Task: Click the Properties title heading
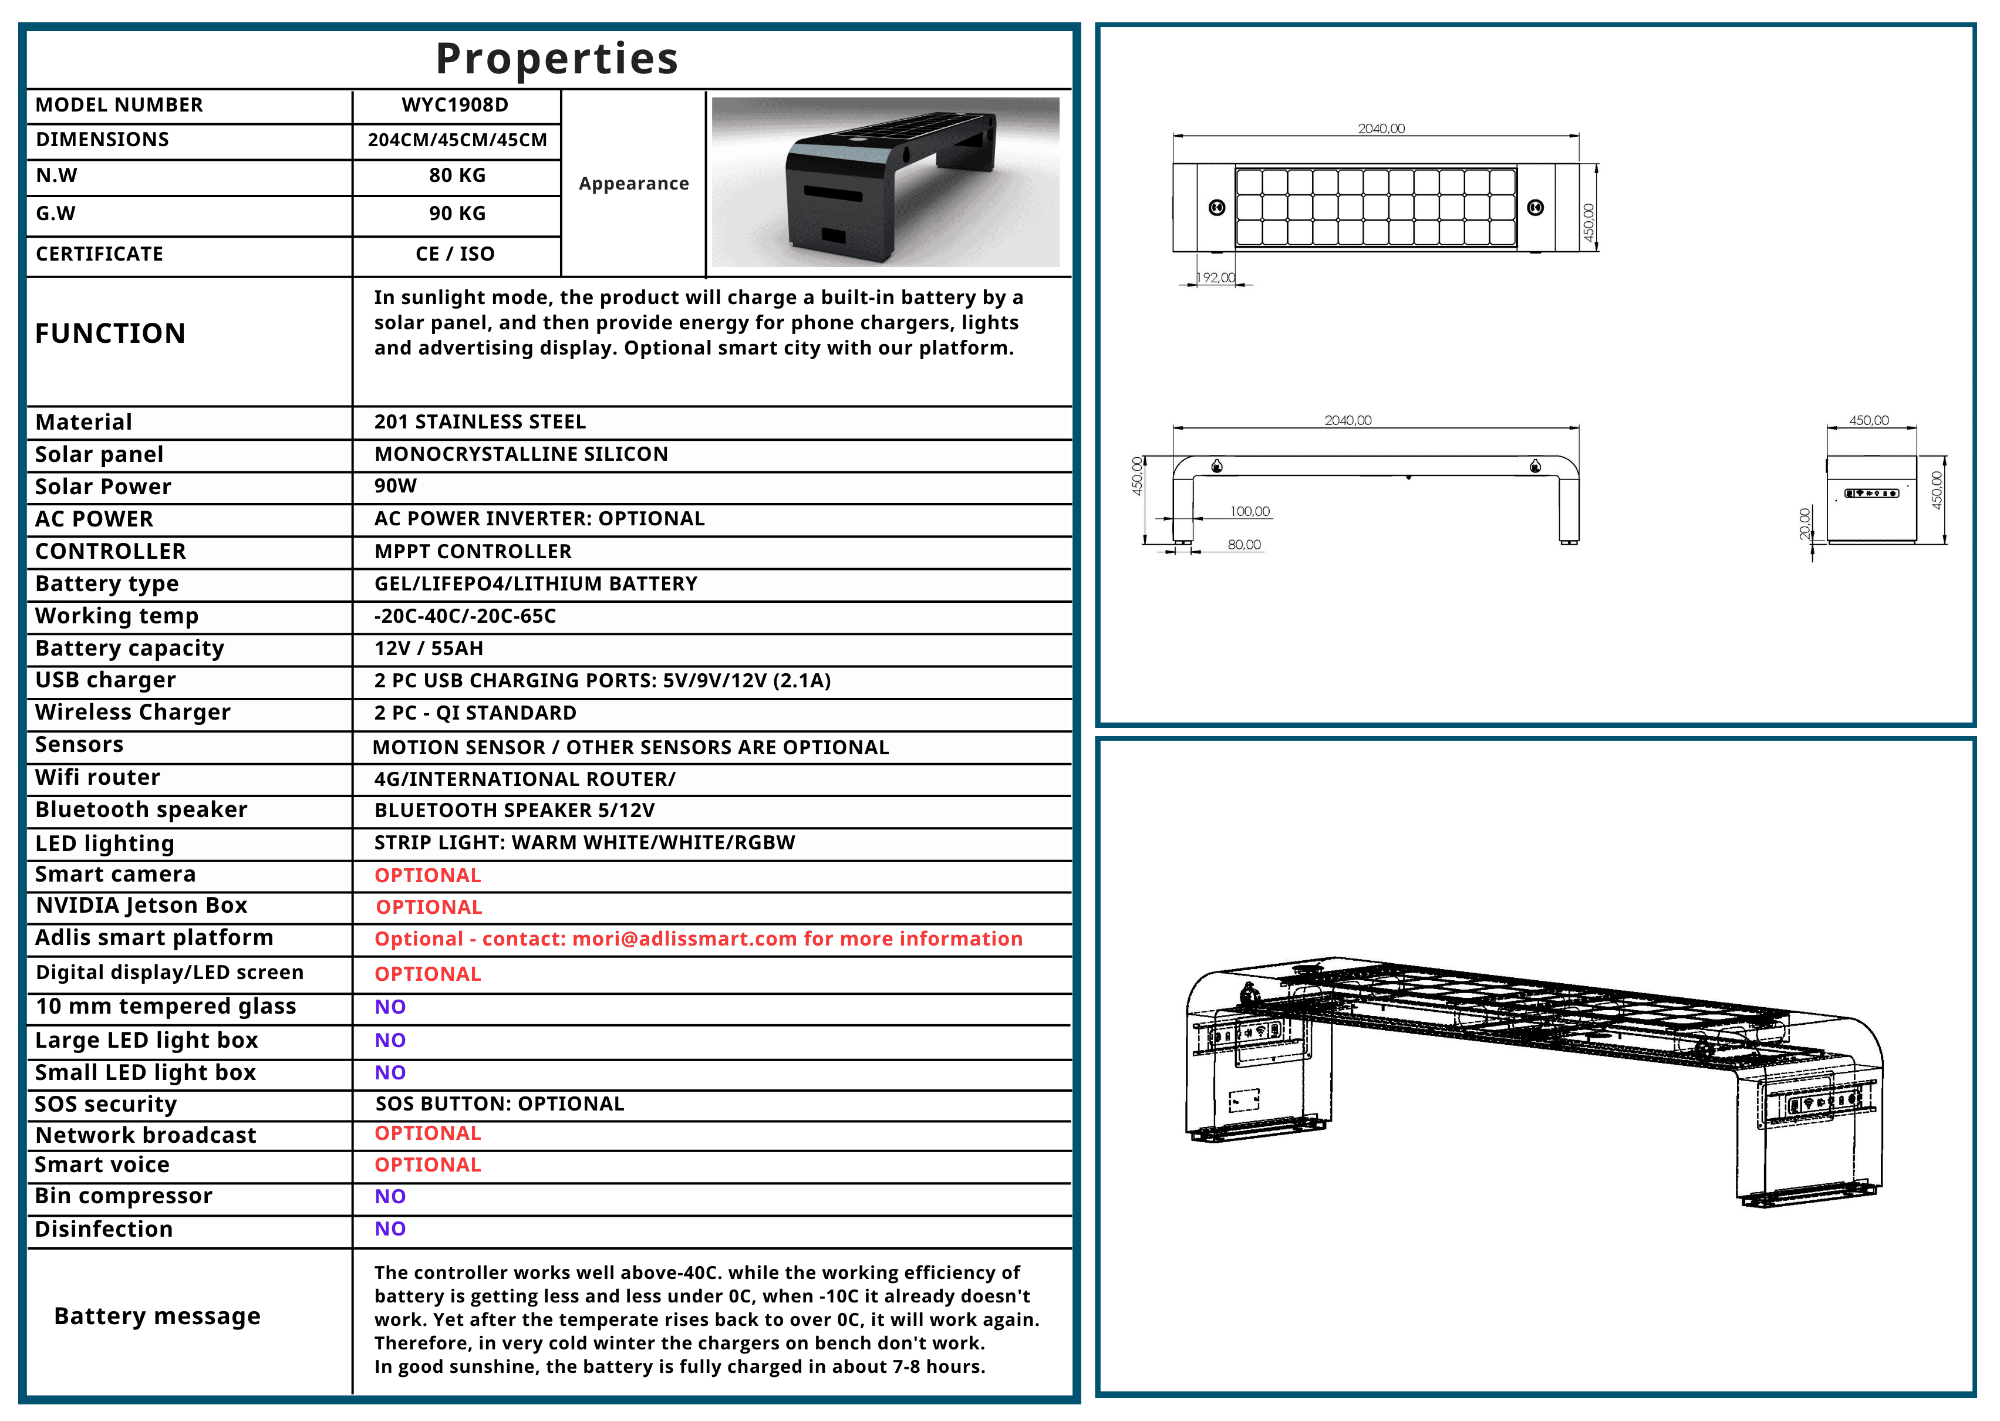tap(557, 59)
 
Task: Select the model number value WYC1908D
tap(455, 105)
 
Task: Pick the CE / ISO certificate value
tap(455, 254)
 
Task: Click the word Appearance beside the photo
tap(633, 184)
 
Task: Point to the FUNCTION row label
tap(110, 333)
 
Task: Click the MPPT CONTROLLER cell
tap(473, 551)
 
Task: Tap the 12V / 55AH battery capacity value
tap(429, 649)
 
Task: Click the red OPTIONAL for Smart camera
tap(428, 875)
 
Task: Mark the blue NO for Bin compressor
tap(390, 1196)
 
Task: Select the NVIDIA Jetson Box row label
tap(141, 906)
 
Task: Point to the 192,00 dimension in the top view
tap(1216, 278)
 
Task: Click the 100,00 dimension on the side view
tap(1249, 512)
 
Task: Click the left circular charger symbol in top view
tap(1217, 207)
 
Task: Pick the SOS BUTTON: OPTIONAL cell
tap(500, 1103)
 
